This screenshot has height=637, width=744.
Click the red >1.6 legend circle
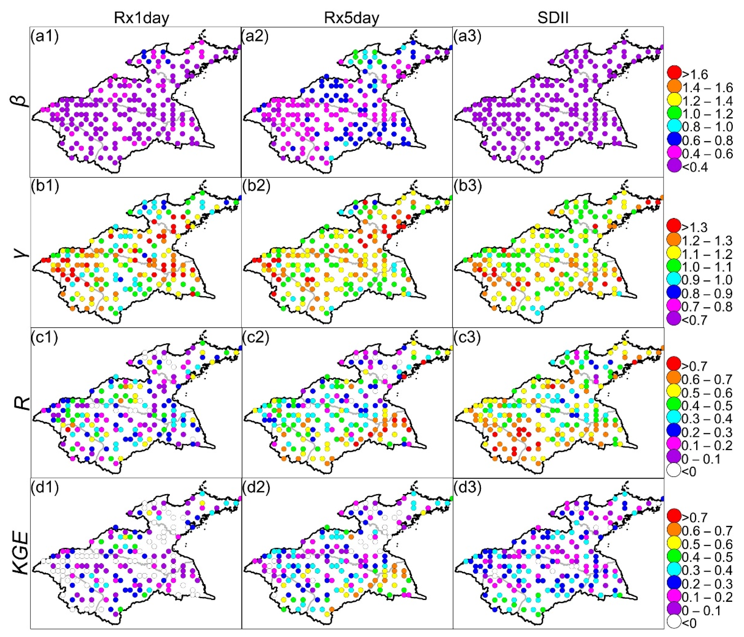(674, 74)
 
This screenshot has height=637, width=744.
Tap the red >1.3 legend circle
(674, 227)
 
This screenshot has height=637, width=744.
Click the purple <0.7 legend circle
(674, 320)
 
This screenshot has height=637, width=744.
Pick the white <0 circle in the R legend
(674, 471)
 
